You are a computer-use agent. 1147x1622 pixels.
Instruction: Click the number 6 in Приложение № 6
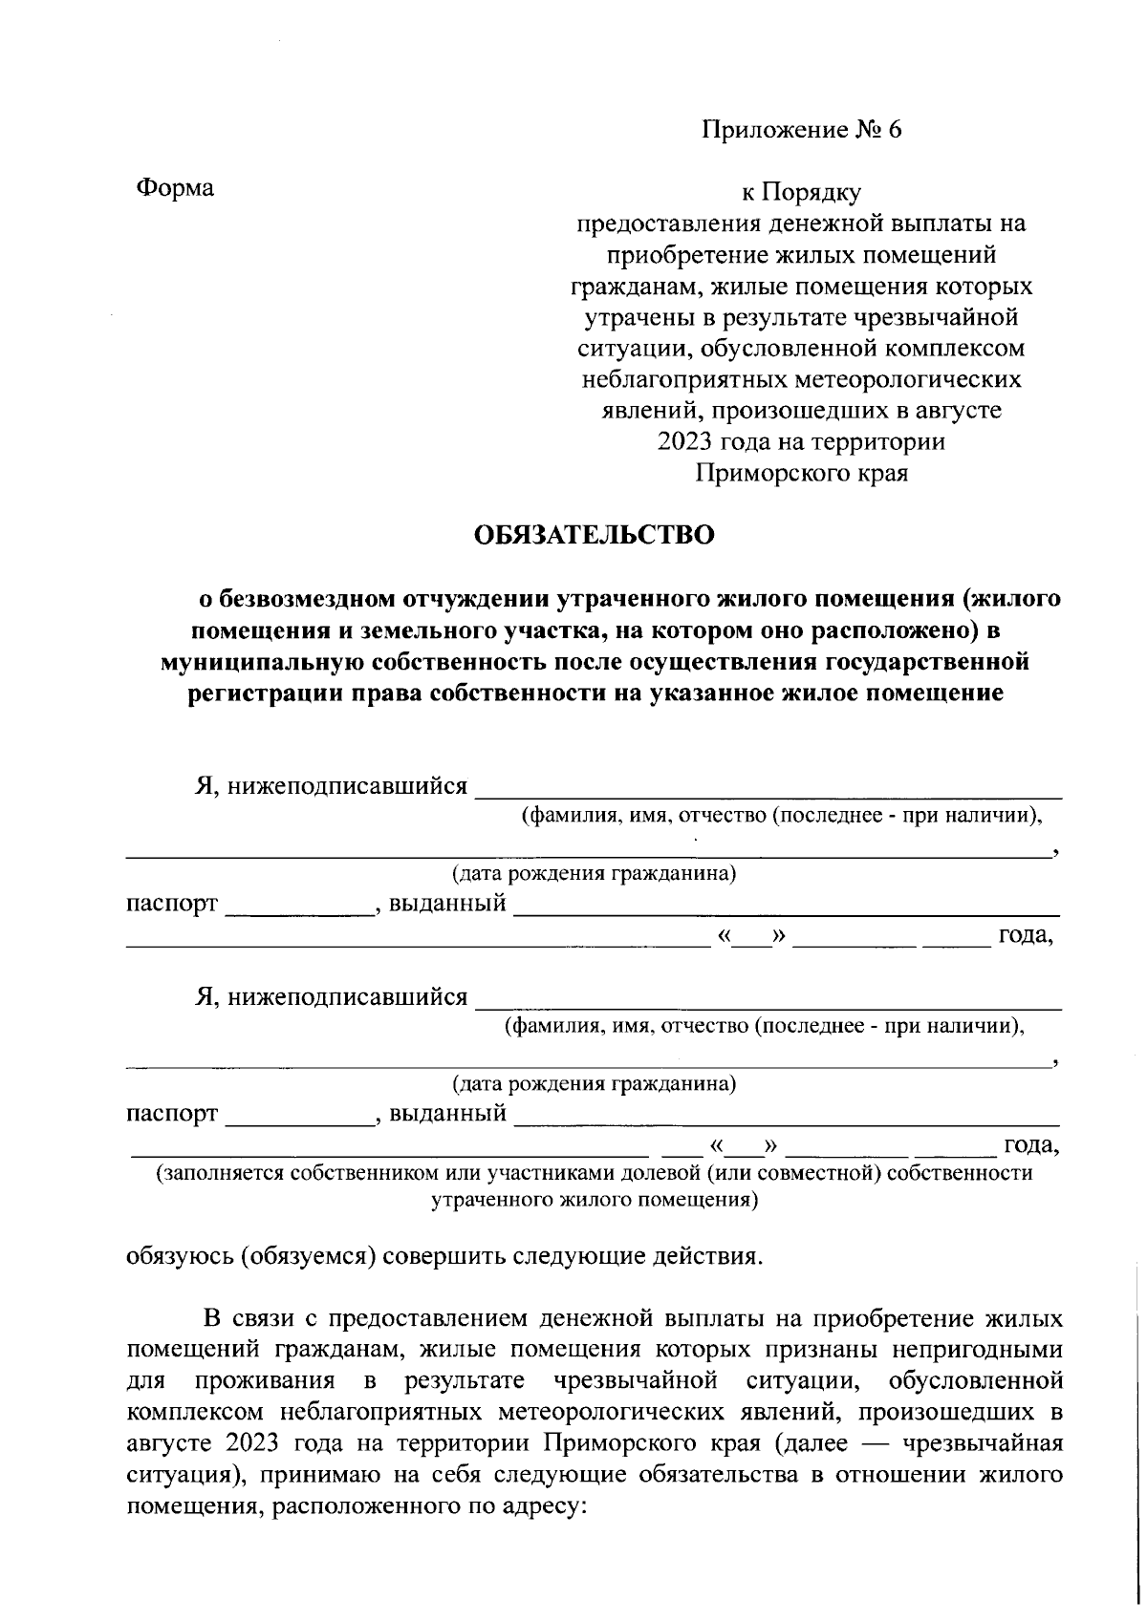tap(894, 130)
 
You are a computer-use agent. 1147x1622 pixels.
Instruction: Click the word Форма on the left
tap(175, 187)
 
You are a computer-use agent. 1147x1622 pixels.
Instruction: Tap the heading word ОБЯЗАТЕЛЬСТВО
tap(595, 535)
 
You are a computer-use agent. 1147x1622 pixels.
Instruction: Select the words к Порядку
tap(802, 193)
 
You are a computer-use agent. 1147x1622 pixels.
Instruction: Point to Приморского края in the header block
tap(801, 473)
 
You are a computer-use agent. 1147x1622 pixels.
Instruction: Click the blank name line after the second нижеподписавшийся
tap(768, 1001)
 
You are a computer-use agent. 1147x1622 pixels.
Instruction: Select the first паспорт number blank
tap(298, 907)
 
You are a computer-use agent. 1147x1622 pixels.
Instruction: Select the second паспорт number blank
tap(298, 1119)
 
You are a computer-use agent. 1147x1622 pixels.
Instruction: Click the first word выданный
tap(446, 903)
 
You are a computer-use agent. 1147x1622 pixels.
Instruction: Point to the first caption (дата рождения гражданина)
tap(594, 873)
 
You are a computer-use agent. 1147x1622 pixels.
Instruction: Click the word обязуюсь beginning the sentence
tap(180, 1255)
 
